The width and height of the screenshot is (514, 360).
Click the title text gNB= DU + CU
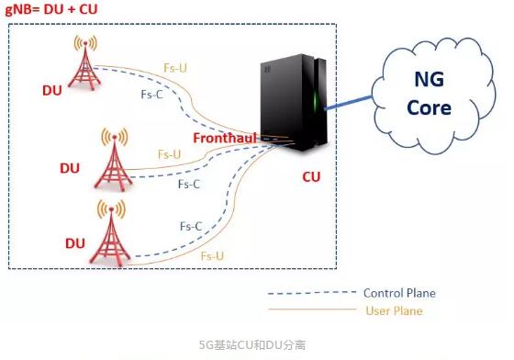point(51,9)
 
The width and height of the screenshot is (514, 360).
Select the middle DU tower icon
point(114,160)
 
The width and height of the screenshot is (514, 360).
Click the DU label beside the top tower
point(52,91)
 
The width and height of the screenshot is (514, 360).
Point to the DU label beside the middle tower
point(70,169)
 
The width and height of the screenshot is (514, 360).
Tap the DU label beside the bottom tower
point(75,243)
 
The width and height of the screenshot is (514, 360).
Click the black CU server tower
point(294,102)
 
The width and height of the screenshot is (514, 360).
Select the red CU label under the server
point(311,177)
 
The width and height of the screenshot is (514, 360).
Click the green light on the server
point(316,102)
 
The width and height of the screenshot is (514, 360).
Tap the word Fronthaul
point(225,138)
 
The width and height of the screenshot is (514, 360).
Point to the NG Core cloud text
point(430,94)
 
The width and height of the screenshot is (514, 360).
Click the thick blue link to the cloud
point(348,102)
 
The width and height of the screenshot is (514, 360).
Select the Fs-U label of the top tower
point(175,68)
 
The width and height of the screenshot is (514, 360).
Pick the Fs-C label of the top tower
point(151,95)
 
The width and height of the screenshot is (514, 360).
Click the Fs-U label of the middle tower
point(169,154)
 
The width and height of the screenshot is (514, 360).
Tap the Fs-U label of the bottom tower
point(212,256)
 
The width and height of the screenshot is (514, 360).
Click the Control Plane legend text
point(399,293)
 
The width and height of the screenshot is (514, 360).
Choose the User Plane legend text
point(394,310)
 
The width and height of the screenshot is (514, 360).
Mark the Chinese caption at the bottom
point(252,345)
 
